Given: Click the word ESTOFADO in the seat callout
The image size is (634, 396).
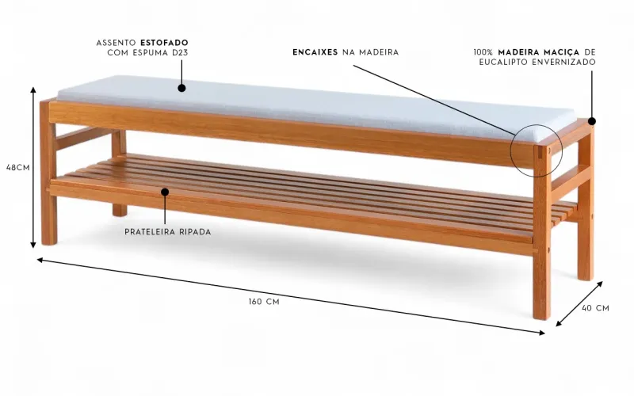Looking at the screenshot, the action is [164, 43].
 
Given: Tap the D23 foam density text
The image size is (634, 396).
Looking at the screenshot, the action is [180, 52].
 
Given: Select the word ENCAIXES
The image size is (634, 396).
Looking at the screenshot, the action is [315, 52].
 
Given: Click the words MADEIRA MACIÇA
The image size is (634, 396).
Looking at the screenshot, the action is [539, 52].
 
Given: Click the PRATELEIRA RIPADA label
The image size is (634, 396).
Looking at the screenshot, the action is [167, 232].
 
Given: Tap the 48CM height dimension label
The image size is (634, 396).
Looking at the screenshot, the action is [17, 167].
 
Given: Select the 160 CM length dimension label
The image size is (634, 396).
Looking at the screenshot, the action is [264, 302].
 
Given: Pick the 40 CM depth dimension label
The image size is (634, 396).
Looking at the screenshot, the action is [595, 308].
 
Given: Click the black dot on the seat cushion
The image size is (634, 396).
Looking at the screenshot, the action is [181, 88].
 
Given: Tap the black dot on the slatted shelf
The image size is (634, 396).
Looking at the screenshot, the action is [165, 192].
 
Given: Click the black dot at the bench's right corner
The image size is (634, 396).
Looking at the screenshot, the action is [592, 121].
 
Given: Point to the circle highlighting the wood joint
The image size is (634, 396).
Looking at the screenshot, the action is [537, 150].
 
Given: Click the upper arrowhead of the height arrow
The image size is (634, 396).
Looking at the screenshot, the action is [33, 89].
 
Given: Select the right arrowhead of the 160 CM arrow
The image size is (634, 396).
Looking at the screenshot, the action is [542, 333].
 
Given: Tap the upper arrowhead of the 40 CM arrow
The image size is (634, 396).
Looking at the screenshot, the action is [600, 284].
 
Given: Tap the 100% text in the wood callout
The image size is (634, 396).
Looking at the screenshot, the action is [483, 52].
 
